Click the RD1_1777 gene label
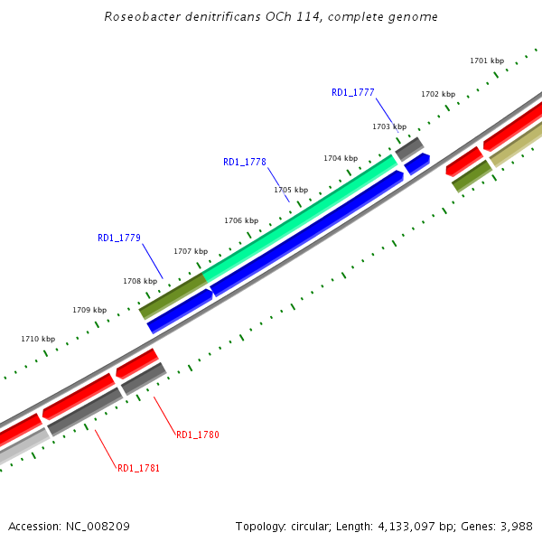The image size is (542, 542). (352, 92)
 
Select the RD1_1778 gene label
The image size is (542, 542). (244, 163)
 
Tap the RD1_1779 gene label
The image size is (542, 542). (118, 238)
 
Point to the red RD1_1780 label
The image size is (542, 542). (197, 435)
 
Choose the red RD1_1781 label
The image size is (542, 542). (138, 468)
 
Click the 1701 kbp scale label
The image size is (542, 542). (486, 61)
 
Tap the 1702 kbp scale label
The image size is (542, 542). (437, 95)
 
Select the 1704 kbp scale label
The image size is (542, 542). (340, 159)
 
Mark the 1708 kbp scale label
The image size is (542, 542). (139, 282)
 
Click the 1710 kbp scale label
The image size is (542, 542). (37, 340)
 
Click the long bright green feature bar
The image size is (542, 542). (298, 217)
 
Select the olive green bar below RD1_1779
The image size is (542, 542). (173, 295)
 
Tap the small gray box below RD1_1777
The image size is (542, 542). (409, 148)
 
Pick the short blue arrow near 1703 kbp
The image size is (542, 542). (416, 164)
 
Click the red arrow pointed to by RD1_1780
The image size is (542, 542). (137, 362)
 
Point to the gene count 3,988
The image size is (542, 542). (515, 527)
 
